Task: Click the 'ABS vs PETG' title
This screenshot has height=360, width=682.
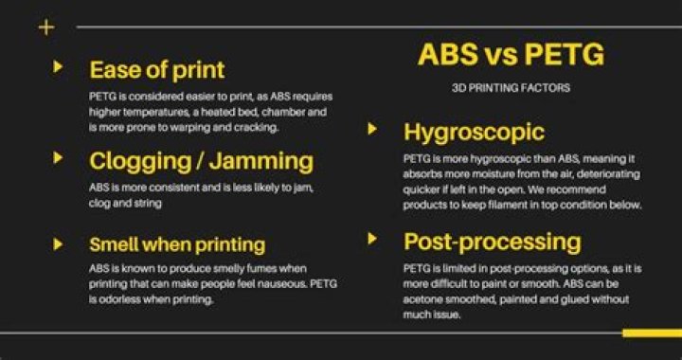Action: (x=510, y=56)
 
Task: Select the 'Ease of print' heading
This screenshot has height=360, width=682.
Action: (x=156, y=69)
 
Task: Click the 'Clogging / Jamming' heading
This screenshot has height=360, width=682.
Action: (x=201, y=160)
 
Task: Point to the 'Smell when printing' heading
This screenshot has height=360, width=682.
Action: (x=177, y=245)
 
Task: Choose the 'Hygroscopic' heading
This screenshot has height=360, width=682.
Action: (x=474, y=131)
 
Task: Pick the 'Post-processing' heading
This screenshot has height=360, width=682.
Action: (x=492, y=241)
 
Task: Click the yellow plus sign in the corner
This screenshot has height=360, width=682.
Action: (x=45, y=27)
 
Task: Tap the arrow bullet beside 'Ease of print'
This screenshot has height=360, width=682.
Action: (x=59, y=66)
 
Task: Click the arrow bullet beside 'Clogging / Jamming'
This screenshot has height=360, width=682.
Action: (x=59, y=157)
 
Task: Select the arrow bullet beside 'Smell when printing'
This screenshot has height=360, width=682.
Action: (x=59, y=243)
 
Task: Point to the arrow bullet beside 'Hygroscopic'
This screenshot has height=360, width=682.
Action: (x=373, y=129)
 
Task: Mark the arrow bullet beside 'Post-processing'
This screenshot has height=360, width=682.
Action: (x=373, y=238)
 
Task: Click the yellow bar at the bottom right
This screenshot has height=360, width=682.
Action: (x=652, y=333)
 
